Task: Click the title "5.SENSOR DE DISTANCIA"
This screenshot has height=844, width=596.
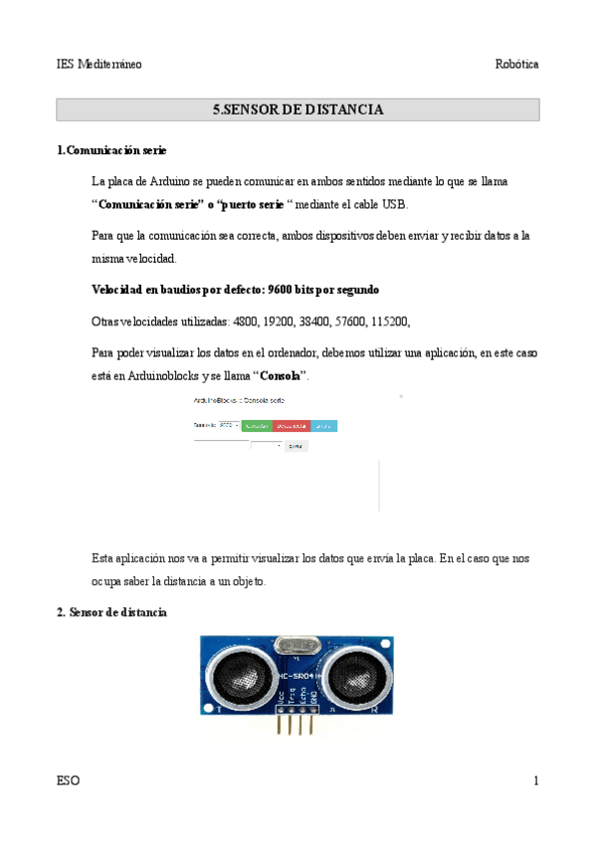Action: coord(298,109)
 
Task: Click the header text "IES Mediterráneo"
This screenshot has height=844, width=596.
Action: coord(99,64)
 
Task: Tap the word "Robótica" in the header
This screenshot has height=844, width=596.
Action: coord(516,64)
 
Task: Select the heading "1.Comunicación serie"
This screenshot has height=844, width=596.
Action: coord(111,150)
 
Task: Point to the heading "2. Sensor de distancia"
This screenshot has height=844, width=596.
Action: coord(111,612)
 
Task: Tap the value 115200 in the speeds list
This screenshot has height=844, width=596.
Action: coord(388,321)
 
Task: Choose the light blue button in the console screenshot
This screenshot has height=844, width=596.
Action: coord(323,425)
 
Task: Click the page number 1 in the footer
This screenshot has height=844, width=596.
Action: coord(535,781)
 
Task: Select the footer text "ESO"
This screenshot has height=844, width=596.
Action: coord(69,781)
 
